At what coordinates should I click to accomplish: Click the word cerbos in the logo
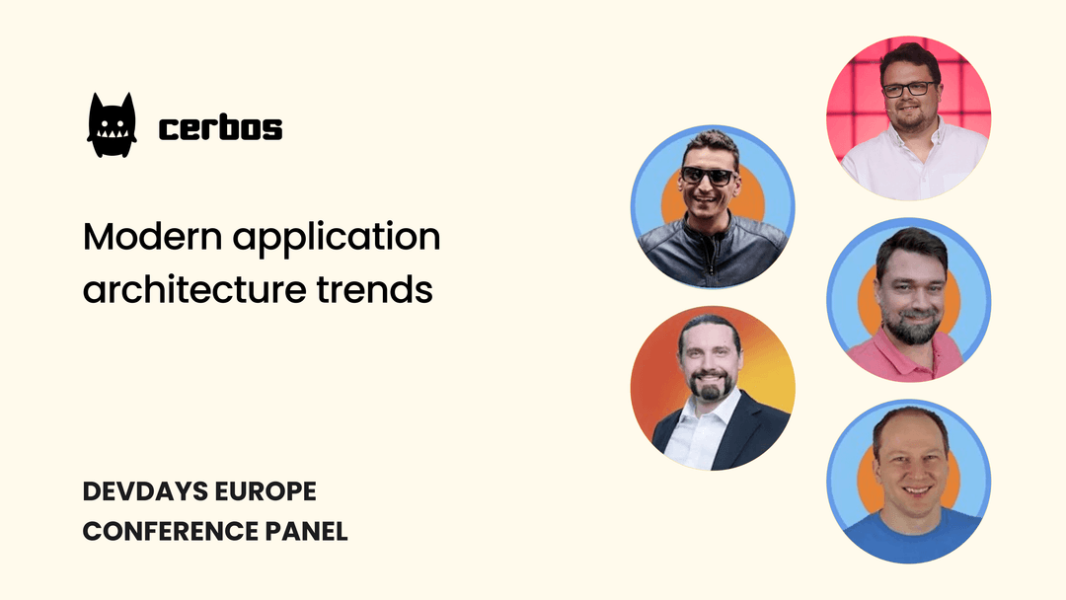click(220, 128)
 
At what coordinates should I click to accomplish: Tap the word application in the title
click(335, 240)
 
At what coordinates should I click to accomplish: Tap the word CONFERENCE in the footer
click(171, 531)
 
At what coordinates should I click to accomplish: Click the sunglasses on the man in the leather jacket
click(708, 177)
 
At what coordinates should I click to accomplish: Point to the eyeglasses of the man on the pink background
click(908, 89)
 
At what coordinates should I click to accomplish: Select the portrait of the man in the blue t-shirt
click(908, 481)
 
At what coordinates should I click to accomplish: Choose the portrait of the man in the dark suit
click(713, 387)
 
